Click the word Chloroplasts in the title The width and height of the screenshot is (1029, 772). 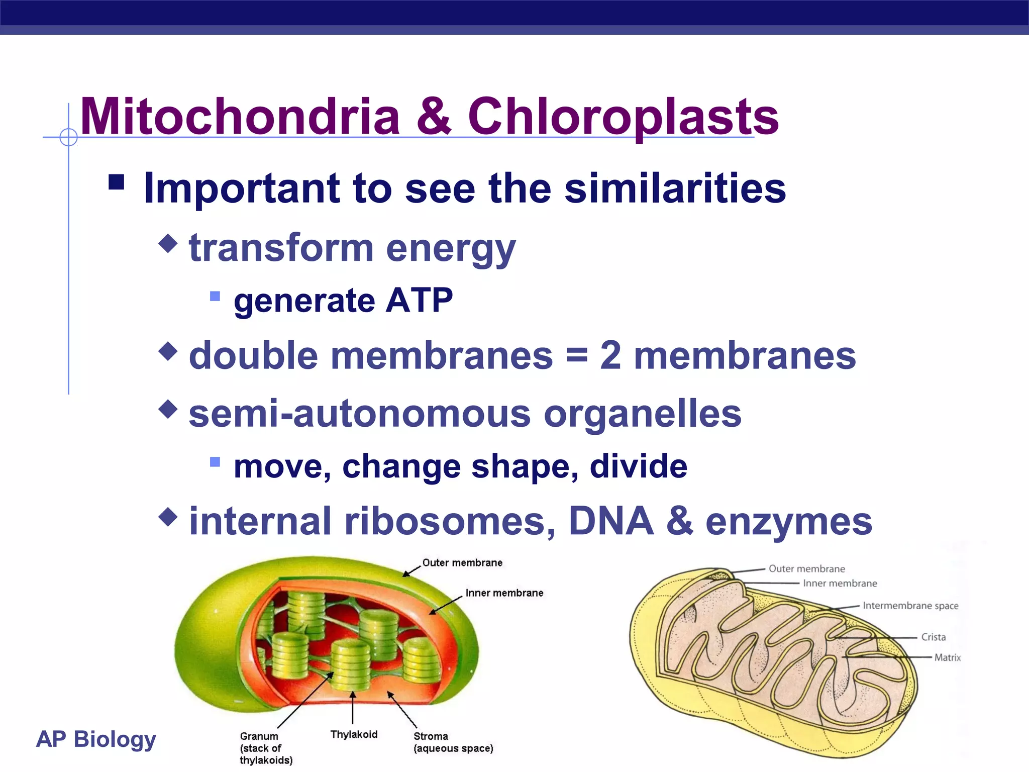623,117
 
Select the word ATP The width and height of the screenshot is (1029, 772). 419,301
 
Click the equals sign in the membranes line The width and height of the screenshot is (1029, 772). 576,355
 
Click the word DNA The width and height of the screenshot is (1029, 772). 611,521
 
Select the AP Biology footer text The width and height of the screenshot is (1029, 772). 96,739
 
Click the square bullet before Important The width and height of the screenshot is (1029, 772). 116,182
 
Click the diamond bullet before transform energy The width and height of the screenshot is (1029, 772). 168,244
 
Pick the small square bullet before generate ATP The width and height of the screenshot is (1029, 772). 215,296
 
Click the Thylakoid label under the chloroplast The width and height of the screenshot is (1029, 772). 354,734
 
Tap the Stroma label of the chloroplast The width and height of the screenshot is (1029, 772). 431,736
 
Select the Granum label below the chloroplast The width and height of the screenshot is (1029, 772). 259,736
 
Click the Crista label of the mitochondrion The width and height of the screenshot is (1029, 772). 933,637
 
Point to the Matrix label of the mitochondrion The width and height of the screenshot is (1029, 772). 947,657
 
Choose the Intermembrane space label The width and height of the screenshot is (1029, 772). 910,606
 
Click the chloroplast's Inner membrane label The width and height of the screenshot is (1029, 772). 504,593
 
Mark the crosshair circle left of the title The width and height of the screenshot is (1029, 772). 68,137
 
